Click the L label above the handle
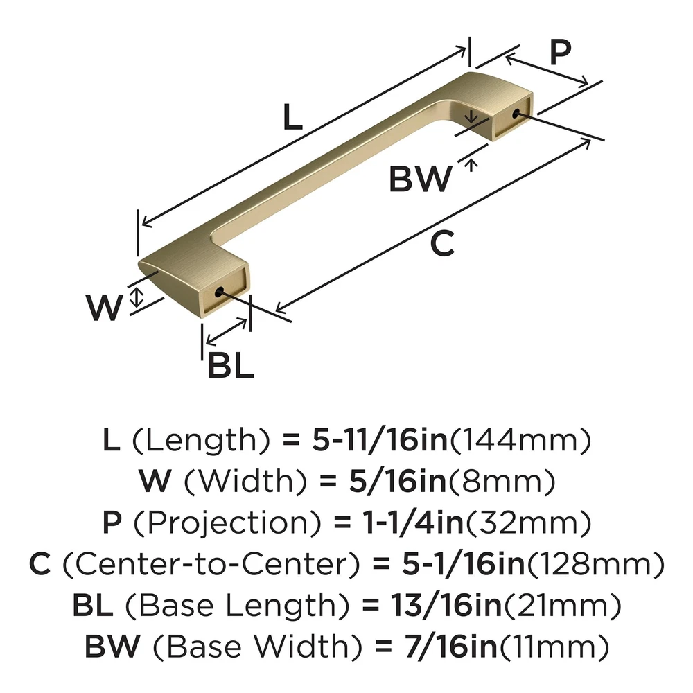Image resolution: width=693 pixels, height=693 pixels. [x=293, y=119]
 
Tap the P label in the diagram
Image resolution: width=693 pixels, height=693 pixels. [x=560, y=52]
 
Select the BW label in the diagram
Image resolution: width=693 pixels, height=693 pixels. [x=420, y=179]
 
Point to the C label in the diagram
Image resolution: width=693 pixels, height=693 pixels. [x=442, y=243]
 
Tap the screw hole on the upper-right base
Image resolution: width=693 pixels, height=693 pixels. [x=516, y=114]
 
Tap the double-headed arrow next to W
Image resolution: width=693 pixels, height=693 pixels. [x=138, y=299]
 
